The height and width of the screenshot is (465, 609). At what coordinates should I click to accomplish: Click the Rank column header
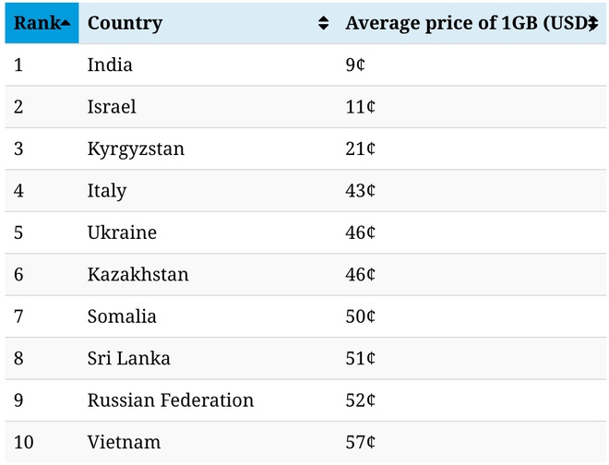point(41,23)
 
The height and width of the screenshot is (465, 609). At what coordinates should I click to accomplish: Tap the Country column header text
point(125,23)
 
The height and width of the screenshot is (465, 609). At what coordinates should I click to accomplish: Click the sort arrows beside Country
point(323,24)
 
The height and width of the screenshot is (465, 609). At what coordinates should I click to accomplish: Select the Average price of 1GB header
point(461,23)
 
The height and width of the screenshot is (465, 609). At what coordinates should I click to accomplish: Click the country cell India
point(110,66)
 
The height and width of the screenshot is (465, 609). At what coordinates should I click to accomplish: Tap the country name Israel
point(112,107)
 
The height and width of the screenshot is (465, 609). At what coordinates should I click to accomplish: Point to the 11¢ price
point(360,107)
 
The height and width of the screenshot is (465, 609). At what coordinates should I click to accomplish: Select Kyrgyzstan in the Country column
point(136,149)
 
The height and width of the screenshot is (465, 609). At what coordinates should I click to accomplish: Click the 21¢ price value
point(360,149)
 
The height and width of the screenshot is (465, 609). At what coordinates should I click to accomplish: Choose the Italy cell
point(107,191)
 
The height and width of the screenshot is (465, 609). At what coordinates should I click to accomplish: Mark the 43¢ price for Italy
point(360,191)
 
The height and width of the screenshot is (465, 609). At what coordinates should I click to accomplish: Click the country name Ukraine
point(122,233)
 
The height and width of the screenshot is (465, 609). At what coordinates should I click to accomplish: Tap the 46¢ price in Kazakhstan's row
point(360,275)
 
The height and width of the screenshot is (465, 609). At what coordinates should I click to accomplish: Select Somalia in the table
point(122,316)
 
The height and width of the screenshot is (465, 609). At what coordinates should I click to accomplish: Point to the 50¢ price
point(360,316)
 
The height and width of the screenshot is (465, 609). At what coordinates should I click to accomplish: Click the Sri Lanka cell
point(128,359)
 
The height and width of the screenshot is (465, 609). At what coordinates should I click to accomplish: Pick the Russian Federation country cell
point(171,400)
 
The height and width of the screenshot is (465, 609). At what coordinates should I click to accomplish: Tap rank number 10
point(24,443)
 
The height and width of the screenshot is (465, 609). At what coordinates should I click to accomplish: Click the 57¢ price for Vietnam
point(360,443)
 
